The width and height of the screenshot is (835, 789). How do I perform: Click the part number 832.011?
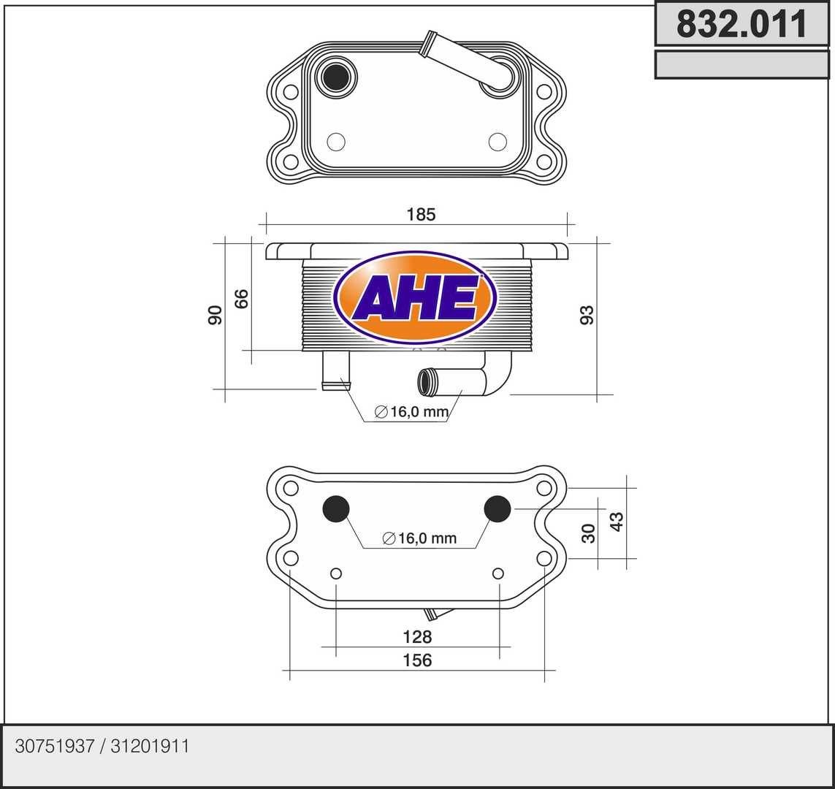[x=741, y=24]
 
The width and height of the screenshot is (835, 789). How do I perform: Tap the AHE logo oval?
[x=415, y=297]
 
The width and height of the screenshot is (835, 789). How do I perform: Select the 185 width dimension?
[x=421, y=214]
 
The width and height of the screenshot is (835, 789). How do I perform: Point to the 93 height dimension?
[x=587, y=315]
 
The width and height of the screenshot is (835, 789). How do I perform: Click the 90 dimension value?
[x=215, y=315]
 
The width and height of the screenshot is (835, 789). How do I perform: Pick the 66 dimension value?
[x=242, y=298]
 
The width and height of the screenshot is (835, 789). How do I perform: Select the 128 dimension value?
[x=417, y=637]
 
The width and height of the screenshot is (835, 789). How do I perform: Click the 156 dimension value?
[x=417, y=660]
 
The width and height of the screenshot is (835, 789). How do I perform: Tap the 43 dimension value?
[x=617, y=522]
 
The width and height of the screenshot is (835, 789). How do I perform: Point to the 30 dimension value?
[x=589, y=533]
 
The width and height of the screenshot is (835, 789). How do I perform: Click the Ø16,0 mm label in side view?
[x=411, y=412]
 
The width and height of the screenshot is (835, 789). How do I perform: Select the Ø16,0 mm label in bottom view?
[x=419, y=538]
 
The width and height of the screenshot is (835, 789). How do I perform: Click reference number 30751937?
[x=55, y=747]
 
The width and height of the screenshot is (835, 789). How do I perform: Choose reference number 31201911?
[x=150, y=747]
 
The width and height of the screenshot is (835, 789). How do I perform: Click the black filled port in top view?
[x=336, y=76]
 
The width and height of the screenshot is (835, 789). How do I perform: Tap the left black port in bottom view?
[x=336, y=508]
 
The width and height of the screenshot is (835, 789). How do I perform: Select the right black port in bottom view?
[x=497, y=508]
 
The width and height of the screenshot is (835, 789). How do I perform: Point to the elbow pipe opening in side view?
[x=425, y=381]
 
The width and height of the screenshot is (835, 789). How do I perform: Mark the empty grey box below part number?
[x=741, y=64]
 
